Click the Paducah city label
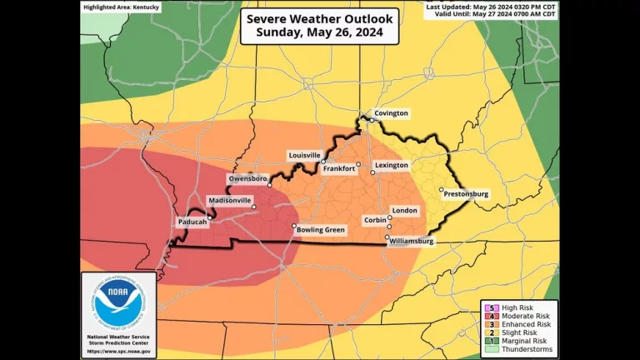[x=191, y=222]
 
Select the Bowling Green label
[x=322, y=230]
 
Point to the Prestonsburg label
[x=466, y=194]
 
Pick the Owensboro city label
[x=247, y=178]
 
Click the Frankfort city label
[x=339, y=168]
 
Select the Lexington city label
[x=392, y=165]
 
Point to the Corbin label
[x=374, y=220]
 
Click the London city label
[x=403, y=211]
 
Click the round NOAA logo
[x=118, y=303]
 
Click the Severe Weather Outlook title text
[x=319, y=26]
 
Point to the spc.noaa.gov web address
[x=118, y=351]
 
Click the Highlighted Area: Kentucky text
[x=122, y=7]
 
